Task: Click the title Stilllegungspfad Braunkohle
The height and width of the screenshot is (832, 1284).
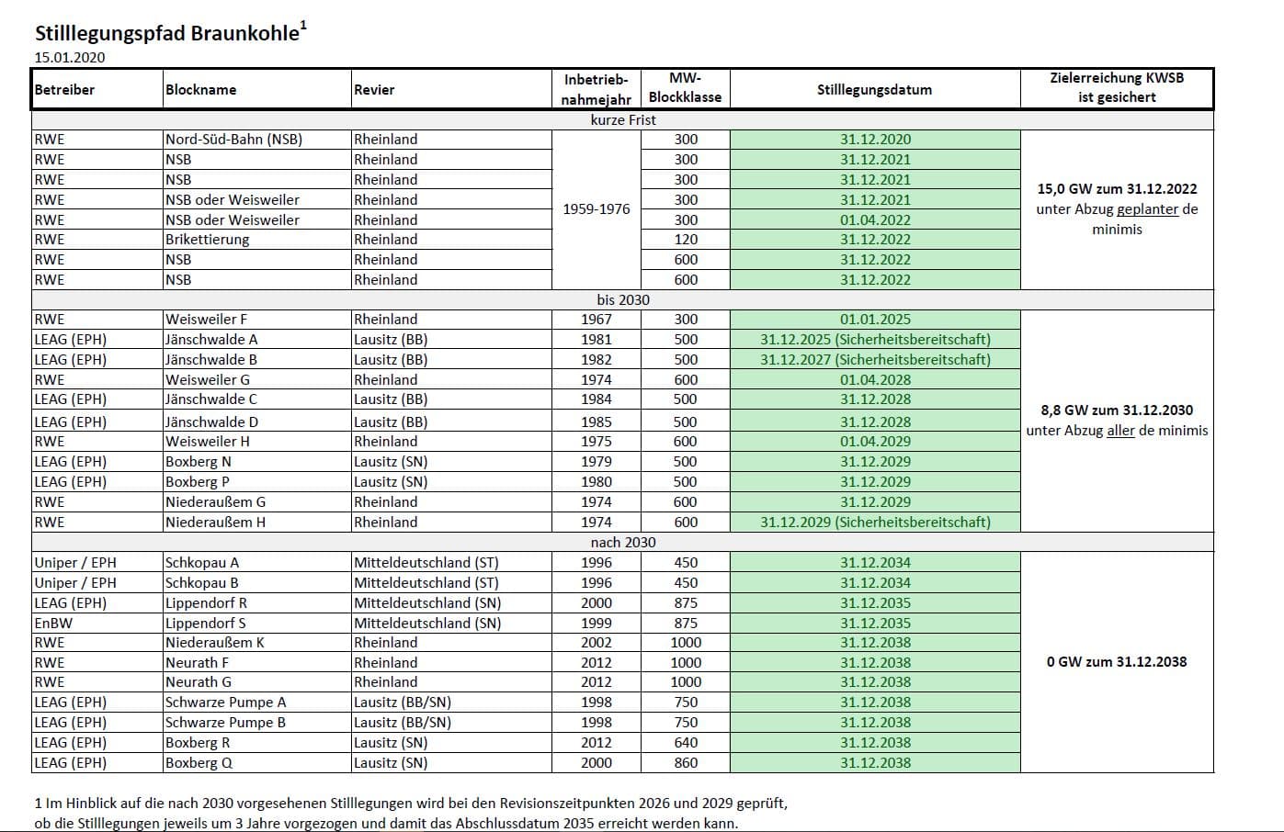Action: [x=167, y=34]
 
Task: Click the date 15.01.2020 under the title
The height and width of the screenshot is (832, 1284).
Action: [x=70, y=57]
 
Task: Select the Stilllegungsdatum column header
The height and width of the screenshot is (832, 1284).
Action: [x=874, y=90]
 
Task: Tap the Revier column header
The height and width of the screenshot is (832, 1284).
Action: [x=374, y=90]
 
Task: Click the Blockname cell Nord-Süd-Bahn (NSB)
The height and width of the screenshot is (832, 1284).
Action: [x=233, y=140]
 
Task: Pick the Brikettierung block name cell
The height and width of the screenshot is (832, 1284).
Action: [x=207, y=240]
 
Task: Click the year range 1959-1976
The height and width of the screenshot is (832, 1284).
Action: [x=597, y=209]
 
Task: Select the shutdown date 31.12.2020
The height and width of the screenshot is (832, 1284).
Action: [x=875, y=140]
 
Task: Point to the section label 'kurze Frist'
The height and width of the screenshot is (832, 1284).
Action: [x=623, y=120]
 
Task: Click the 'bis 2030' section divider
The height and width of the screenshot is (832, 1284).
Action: [x=623, y=299]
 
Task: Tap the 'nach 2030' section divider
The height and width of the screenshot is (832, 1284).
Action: [x=623, y=542]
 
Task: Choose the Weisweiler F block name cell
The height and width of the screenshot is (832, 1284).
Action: [x=206, y=320]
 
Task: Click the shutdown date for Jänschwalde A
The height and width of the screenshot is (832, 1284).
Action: [x=875, y=340]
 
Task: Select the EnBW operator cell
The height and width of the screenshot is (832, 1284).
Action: [x=53, y=623]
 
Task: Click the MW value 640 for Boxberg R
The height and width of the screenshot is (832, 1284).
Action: [x=686, y=742]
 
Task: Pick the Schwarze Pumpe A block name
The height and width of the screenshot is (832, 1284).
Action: [x=225, y=703]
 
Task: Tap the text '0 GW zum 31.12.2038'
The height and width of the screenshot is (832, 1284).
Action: [x=1117, y=661]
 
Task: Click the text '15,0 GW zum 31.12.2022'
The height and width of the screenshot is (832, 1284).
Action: [x=1117, y=189]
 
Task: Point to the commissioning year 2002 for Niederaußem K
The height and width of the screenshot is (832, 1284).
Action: [x=597, y=643]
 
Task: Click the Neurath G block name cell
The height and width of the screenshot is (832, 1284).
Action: [x=199, y=682]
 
